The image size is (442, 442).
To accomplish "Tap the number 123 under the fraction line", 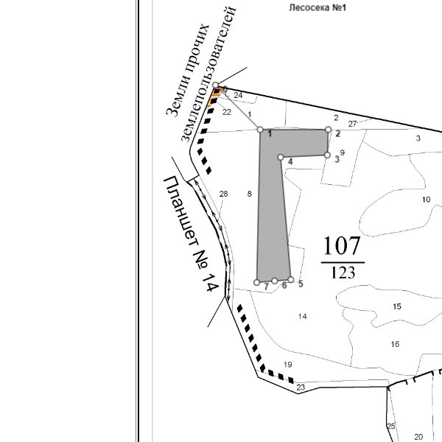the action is [343, 273].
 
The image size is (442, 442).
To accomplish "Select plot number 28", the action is [224, 194].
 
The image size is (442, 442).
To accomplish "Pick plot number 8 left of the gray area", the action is [250, 194].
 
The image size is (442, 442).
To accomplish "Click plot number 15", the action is [397, 306].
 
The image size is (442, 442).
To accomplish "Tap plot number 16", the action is [395, 344].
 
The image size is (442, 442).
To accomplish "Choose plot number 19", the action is [288, 365].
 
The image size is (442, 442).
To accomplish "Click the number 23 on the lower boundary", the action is [301, 387].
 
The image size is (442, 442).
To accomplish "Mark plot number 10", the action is [426, 200].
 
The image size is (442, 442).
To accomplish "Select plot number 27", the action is [352, 123].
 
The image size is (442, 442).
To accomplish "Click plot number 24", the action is [238, 96].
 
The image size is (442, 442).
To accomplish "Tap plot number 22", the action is [227, 112].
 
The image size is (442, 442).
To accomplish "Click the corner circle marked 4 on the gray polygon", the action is [281, 157].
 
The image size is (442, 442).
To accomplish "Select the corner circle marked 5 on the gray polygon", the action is [291, 280].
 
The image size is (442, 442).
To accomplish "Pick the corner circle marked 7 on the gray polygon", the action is [257, 282].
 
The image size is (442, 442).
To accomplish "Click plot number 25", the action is [391, 426].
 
